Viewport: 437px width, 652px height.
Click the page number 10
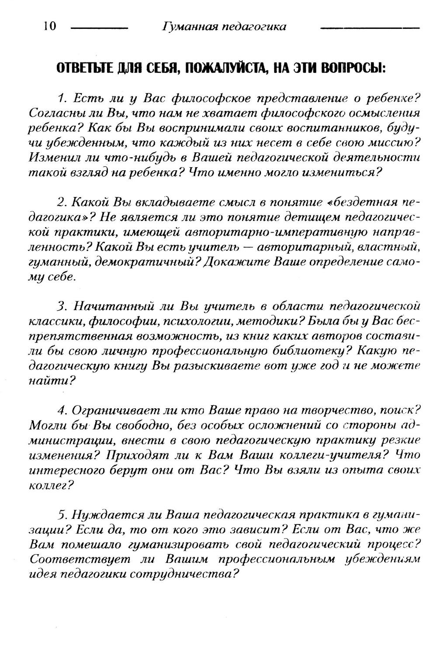click(50, 26)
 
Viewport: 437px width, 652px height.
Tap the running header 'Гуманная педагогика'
click(223, 27)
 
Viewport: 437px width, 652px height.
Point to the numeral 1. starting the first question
click(61, 97)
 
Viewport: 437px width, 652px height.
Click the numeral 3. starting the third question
click(61, 306)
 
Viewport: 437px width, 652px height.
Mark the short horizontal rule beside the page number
click(99, 28)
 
